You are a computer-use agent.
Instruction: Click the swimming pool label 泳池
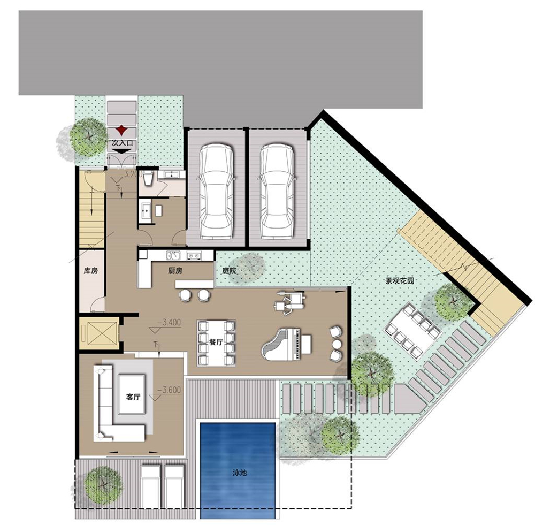(239, 473)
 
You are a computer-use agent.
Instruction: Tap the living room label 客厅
(133, 397)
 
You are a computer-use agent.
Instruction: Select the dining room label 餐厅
(216, 341)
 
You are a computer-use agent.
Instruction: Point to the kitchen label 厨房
(175, 271)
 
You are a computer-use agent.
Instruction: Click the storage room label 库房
(91, 271)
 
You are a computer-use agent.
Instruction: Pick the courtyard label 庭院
(229, 271)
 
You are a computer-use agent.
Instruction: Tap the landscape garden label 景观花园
(400, 281)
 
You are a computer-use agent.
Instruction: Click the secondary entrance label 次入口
(122, 143)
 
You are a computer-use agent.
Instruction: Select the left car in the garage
(216, 191)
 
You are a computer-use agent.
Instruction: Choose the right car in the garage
(277, 191)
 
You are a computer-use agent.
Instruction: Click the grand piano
(287, 345)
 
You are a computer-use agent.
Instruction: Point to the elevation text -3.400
(169, 323)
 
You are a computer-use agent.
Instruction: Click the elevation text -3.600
(169, 390)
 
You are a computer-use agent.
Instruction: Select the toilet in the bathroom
(148, 178)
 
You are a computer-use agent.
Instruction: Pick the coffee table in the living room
(132, 394)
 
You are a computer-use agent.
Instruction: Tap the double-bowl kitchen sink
(173, 255)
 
